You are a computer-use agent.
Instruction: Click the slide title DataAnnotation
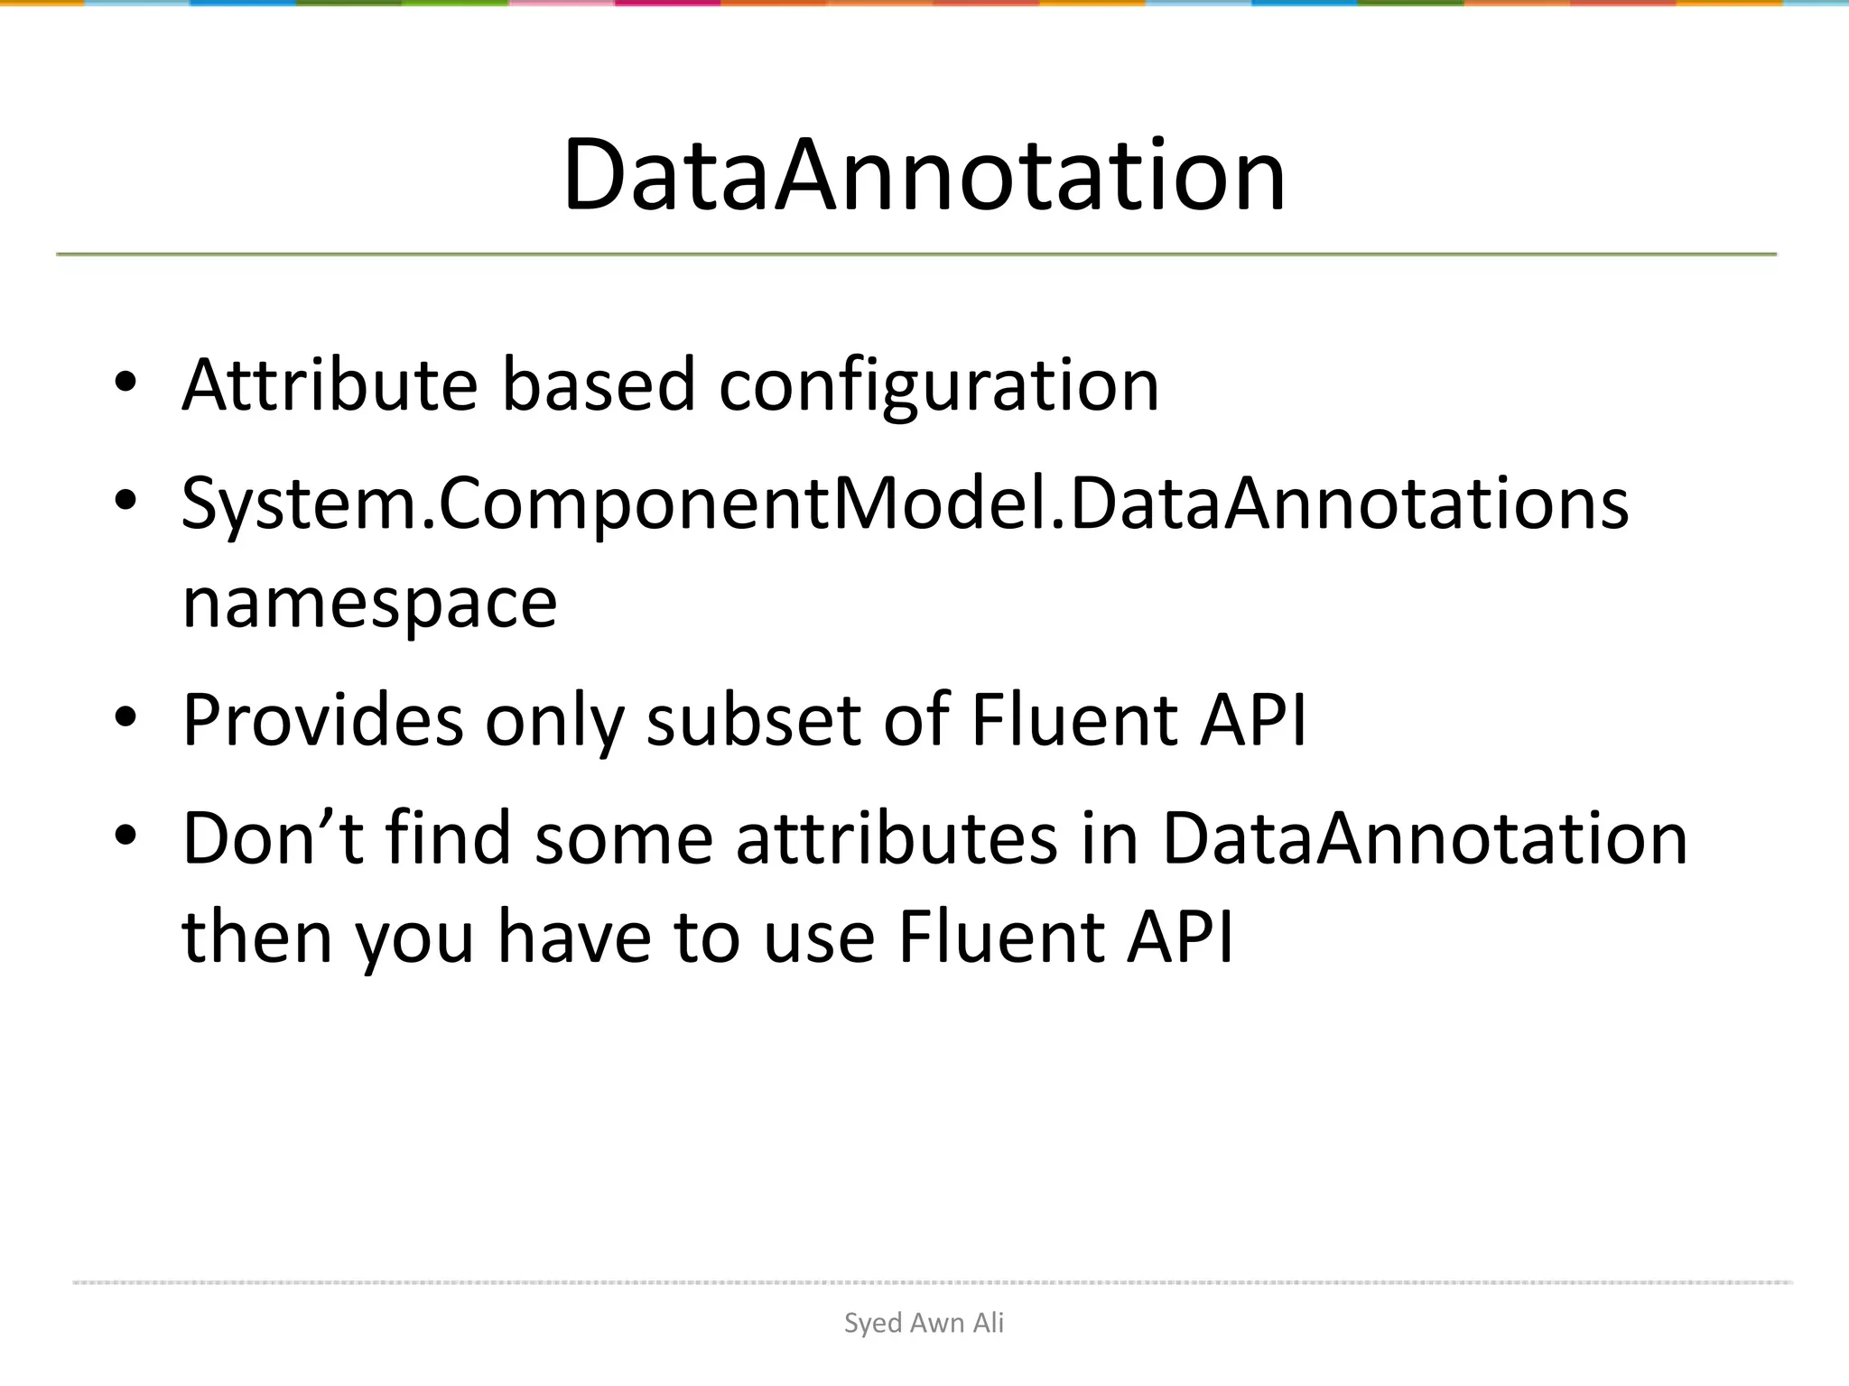[x=924, y=175]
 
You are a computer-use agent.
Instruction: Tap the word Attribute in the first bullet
[x=330, y=385]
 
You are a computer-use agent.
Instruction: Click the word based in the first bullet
[x=598, y=385]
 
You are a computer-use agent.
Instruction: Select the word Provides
[x=322, y=721]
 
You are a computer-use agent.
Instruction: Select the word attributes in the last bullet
[x=897, y=838]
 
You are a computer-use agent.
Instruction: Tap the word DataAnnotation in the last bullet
[x=1425, y=838]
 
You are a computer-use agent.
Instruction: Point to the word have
[x=574, y=937]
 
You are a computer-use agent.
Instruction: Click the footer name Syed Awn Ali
[x=924, y=1323]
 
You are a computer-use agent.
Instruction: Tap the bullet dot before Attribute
[x=125, y=383]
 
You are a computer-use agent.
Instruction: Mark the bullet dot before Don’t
[x=125, y=836]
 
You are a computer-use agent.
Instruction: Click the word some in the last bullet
[x=624, y=838]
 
